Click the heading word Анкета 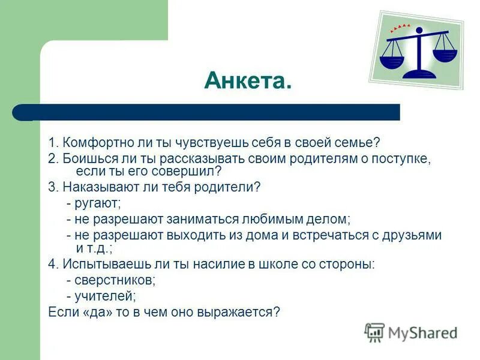[248, 80]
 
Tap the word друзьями [412, 236]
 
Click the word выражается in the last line [243, 312]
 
